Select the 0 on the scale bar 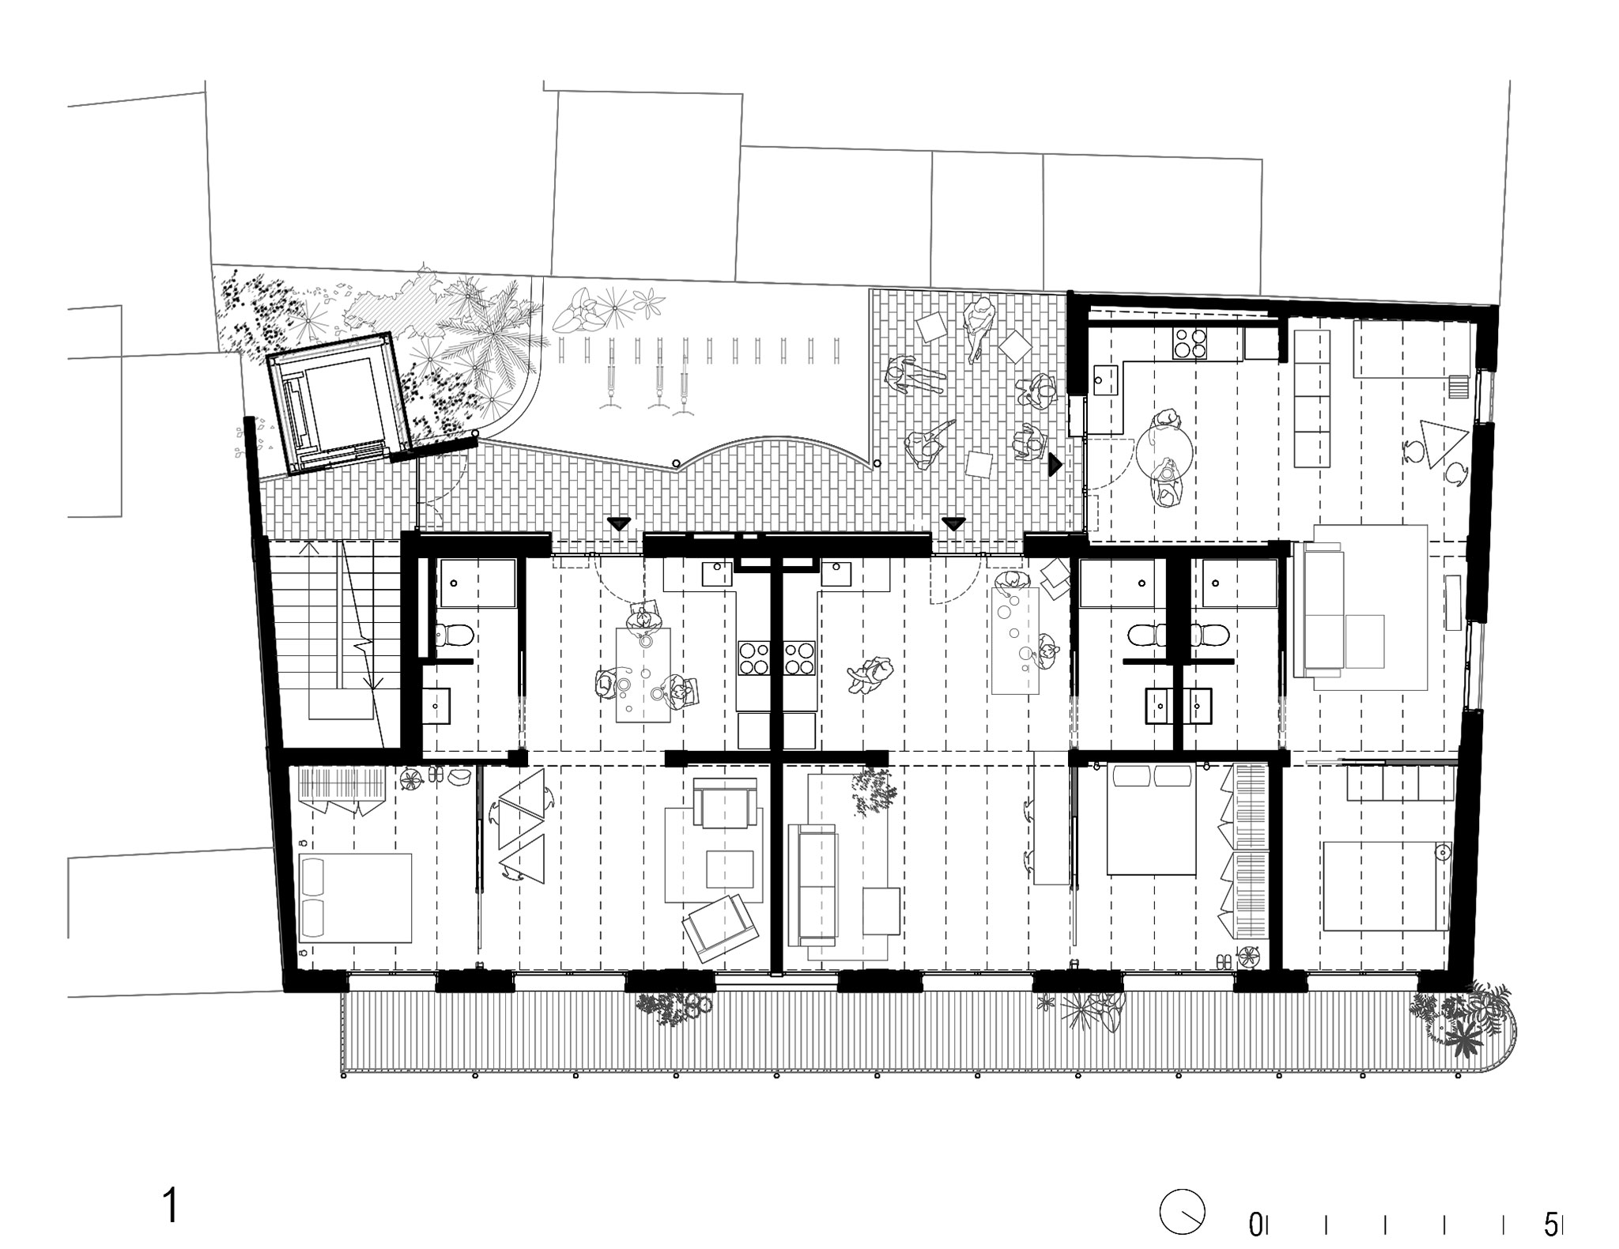(1255, 1225)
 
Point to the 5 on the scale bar (1550, 1225)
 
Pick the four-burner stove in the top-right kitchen (1189, 342)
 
